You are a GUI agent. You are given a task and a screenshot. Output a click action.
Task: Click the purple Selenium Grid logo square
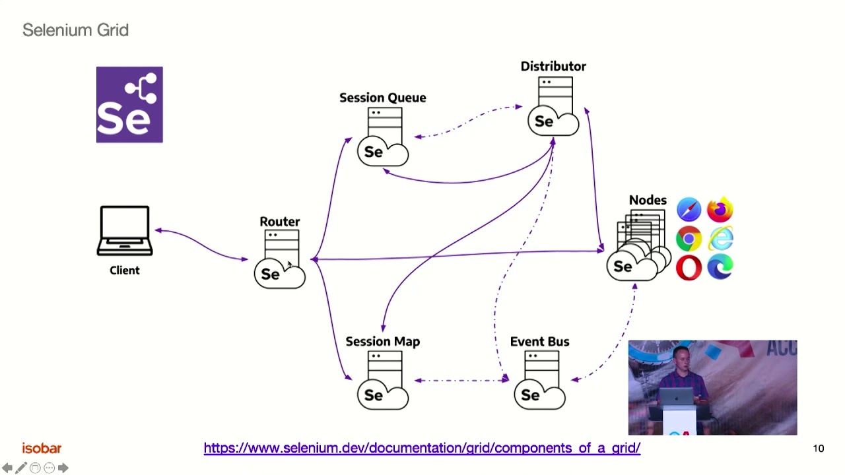click(x=129, y=104)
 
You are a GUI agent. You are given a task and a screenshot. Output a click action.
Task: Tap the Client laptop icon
click(x=125, y=231)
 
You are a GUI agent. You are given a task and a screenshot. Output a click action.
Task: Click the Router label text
click(x=279, y=221)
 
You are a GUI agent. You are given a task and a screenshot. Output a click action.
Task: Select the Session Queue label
click(x=382, y=98)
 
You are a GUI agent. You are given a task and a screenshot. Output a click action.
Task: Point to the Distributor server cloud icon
click(x=553, y=106)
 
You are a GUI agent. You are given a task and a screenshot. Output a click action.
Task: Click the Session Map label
click(x=382, y=342)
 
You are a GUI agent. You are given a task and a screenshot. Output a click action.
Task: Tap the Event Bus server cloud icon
click(x=540, y=380)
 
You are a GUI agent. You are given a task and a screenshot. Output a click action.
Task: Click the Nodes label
click(x=648, y=200)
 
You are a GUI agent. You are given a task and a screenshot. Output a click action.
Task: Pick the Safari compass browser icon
click(x=689, y=209)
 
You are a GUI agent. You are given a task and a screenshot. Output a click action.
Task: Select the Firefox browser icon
click(x=720, y=209)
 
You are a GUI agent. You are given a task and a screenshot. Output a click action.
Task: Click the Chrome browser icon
click(x=689, y=239)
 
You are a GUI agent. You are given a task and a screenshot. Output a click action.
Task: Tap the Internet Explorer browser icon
click(x=720, y=238)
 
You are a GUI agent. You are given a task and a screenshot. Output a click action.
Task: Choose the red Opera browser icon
click(x=689, y=268)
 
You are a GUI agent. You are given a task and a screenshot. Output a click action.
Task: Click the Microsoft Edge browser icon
click(x=720, y=267)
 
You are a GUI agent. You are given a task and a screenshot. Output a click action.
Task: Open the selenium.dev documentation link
click(x=422, y=448)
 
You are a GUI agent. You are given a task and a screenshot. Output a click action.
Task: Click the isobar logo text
click(x=42, y=448)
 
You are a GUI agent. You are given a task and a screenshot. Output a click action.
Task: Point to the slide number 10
click(x=818, y=448)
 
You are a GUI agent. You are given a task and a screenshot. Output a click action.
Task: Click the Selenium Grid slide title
click(x=75, y=30)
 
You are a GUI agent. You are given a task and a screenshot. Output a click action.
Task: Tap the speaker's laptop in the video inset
click(x=677, y=396)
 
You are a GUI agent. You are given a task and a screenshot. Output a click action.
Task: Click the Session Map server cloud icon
click(x=383, y=380)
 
